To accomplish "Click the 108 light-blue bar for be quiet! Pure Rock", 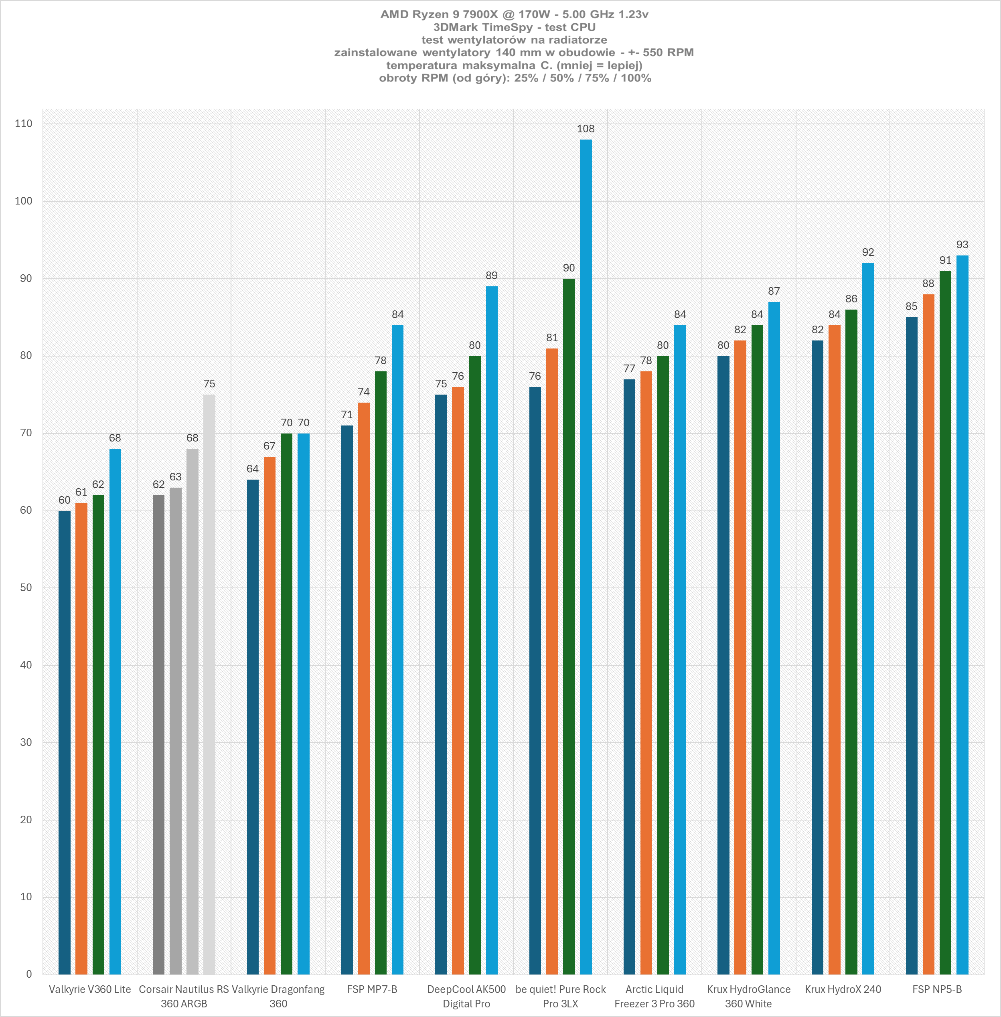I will (586, 557).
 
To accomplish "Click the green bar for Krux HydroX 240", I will (851, 642).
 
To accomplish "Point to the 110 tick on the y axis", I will (24, 124).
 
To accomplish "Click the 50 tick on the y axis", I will (26, 588).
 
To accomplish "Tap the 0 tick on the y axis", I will (29, 974).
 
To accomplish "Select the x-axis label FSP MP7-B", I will (372, 989).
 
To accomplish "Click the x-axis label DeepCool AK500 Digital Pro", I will (466, 996).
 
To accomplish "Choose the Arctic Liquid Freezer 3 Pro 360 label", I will (654, 996).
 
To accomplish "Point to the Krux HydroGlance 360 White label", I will (749, 996).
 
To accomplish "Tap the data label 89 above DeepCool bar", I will (492, 276).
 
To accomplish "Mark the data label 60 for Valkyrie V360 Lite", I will (64, 500).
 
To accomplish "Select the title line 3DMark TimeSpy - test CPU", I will (514, 27).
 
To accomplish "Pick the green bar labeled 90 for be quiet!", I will (569, 626).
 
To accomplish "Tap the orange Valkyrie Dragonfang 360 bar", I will (269, 715).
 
